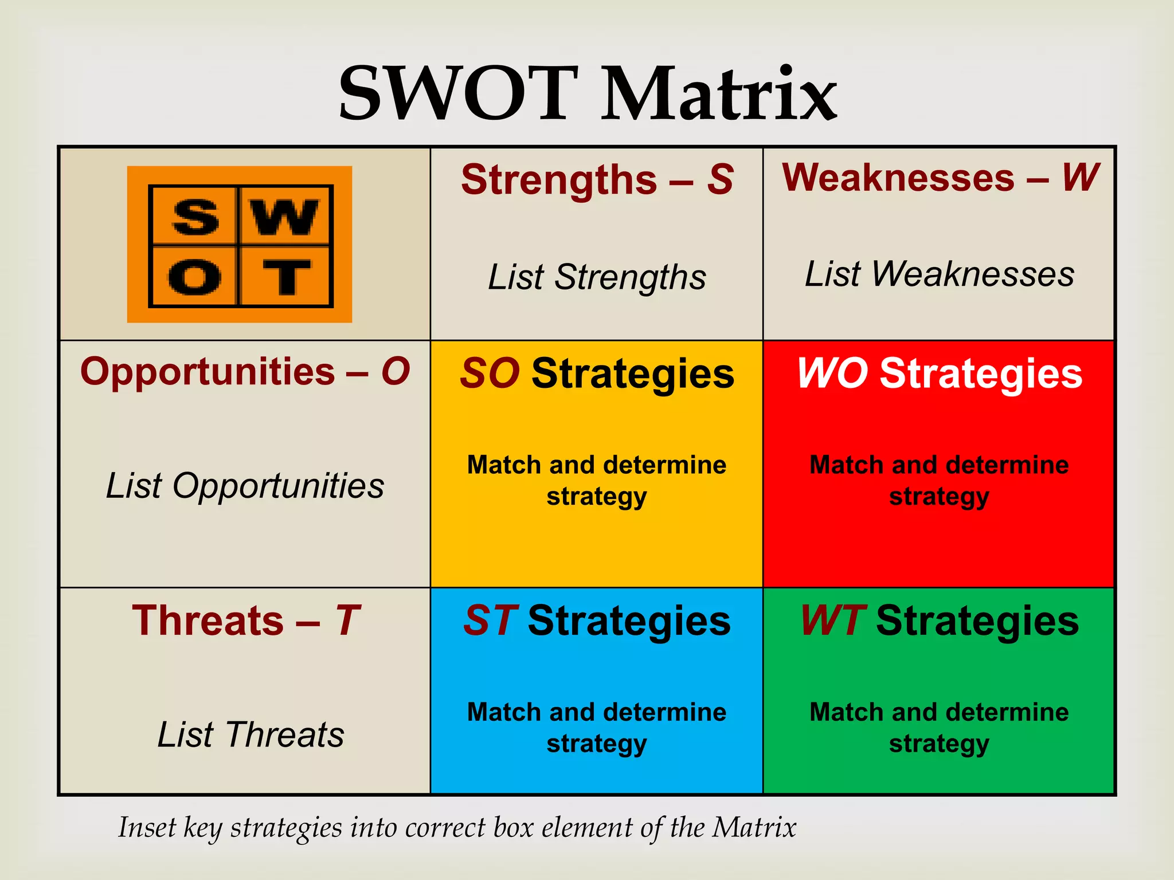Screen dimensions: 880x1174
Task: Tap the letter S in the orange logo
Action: coord(195,217)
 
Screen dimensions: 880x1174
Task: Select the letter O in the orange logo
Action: coord(195,277)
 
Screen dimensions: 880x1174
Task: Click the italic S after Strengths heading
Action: coord(720,180)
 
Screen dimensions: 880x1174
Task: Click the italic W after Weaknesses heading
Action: coord(1080,178)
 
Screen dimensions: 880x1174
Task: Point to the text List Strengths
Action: coord(596,277)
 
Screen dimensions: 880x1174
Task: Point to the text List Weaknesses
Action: coord(939,274)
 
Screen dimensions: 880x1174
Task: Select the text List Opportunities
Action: coord(245,486)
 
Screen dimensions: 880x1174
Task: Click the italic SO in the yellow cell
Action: coord(490,374)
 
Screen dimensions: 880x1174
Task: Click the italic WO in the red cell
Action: coord(832,374)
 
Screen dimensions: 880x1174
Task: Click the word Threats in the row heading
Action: coord(208,620)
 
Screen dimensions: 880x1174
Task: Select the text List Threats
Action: coord(251,734)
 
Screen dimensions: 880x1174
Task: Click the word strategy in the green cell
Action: coord(939,744)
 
